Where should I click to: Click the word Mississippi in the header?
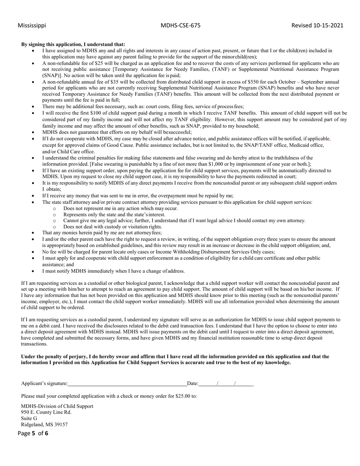click(x=32, y=25)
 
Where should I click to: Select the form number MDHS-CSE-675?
click(x=180, y=25)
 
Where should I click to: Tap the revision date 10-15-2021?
click(x=328, y=25)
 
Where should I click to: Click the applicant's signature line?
click(x=127, y=383)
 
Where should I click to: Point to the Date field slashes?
click(x=226, y=383)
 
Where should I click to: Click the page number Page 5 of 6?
click(x=33, y=433)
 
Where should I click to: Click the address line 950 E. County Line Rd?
click(x=46, y=412)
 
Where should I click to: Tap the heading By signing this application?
click(x=73, y=44)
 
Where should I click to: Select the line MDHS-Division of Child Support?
click(x=57, y=406)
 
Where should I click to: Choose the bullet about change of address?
click(x=113, y=271)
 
